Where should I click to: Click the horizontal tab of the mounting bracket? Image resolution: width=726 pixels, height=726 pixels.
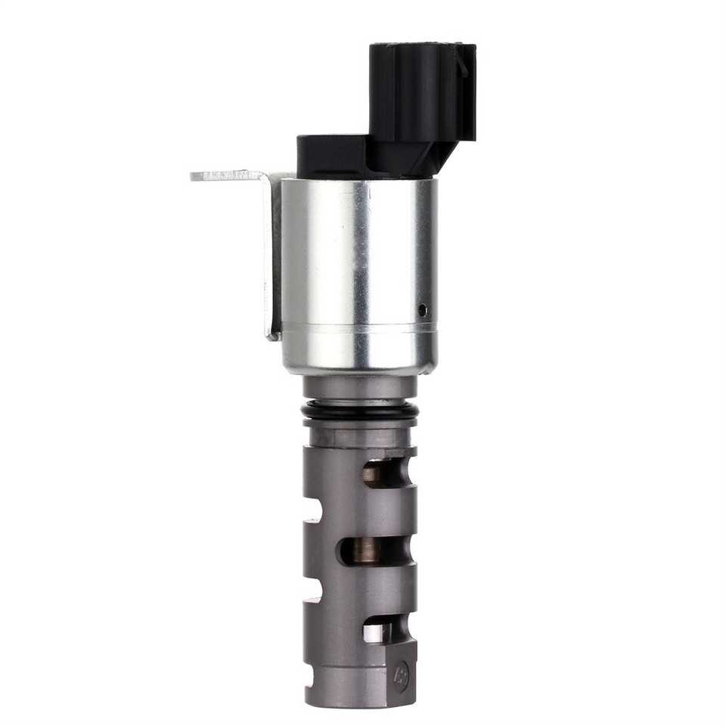click(x=227, y=175)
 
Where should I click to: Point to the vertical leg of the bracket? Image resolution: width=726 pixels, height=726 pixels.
click(x=271, y=257)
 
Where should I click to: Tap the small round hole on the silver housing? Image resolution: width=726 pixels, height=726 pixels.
click(x=422, y=309)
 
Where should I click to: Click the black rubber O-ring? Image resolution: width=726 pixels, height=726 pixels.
click(x=359, y=411)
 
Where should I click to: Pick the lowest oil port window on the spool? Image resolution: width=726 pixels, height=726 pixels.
click(x=378, y=629)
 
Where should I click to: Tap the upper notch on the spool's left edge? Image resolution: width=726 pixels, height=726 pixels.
click(x=312, y=510)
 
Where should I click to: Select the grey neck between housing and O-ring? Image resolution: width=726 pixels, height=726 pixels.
click(x=359, y=387)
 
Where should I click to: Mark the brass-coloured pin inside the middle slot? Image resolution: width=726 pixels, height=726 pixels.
click(x=368, y=551)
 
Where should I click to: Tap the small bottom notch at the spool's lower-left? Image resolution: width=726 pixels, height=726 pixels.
click(x=309, y=665)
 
